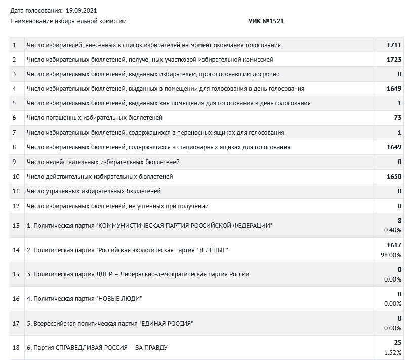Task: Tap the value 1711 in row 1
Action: tap(394, 45)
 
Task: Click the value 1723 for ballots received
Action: tap(394, 60)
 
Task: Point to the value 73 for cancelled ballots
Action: tap(397, 118)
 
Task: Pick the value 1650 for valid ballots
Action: tap(394, 177)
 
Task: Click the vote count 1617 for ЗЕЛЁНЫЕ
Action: tap(394, 245)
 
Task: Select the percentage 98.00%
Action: tap(391, 255)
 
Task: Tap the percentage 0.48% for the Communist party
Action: tap(392, 230)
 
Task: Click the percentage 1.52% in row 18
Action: tap(392, 353)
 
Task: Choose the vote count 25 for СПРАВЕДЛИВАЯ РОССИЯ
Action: tap(397, 343)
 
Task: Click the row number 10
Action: tap(16, 177)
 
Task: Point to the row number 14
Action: tap(16, 250)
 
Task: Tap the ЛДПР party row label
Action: tap(138, 274)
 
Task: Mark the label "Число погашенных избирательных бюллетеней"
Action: tap(95, 118)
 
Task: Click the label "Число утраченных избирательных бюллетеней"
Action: tap(94, 191)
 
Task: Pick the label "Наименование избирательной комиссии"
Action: tap(68, 21)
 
